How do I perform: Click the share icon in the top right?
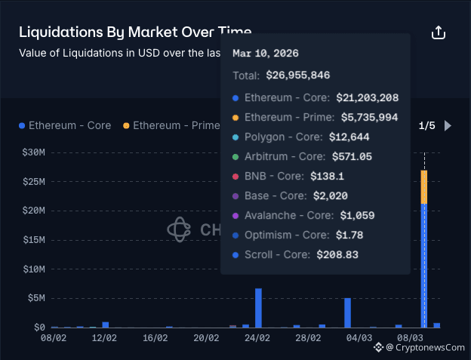[x=439, y=33]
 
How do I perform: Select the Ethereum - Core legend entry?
[x=65, y=125]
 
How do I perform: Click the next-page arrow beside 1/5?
[x=448, y=125]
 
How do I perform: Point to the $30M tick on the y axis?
[x=33, y=152]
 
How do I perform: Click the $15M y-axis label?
[x=33, y=240]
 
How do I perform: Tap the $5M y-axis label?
[x=35, y=298]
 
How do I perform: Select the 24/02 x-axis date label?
[x=257, y=339]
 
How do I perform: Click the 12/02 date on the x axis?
[x=103, y=339]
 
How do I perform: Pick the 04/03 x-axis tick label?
[x=359, y=339]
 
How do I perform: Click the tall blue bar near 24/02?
[x=258, y=307]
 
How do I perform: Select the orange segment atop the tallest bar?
[x=424, y=186]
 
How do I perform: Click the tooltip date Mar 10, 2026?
[x=265, y=54]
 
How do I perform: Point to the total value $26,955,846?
[x=297, y=75]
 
